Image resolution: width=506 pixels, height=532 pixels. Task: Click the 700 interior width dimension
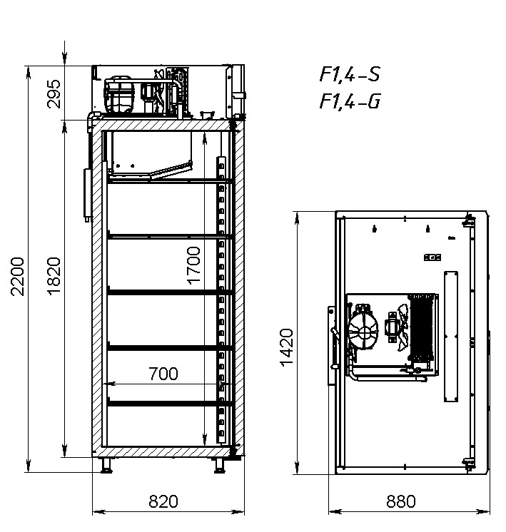(163, 373)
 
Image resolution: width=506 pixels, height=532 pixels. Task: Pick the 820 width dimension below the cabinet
(163, 501)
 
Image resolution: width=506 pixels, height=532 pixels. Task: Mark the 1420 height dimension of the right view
(286, 347)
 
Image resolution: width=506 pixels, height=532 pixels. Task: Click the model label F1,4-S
(349, 75)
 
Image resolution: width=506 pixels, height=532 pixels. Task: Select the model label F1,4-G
(350, 102)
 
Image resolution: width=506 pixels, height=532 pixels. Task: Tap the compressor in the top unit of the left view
(119, 96)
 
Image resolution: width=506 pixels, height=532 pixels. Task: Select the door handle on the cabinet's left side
(87, 193)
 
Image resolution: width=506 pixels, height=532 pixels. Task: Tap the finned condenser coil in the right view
(424, 327)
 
